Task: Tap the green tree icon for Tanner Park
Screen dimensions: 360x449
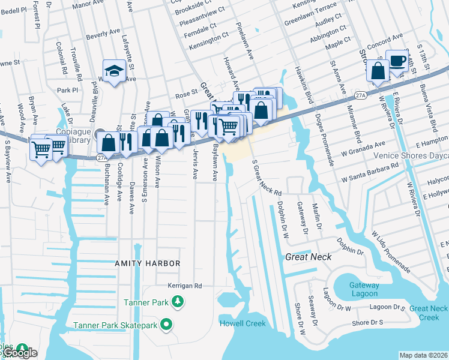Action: (x=177, y=301)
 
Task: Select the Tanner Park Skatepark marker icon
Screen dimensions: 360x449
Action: (x=167, y=326)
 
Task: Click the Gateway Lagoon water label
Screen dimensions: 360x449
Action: (x=364, y=289)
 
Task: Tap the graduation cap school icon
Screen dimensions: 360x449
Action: (x=113, y=71)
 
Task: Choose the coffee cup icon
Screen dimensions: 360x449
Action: (x=396, y=59)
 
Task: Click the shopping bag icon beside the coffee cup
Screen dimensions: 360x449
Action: (x=379, y=70)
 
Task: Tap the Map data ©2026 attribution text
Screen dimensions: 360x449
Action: (x=423, y=355)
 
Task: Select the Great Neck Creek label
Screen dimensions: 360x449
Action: (x=429, y=312)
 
